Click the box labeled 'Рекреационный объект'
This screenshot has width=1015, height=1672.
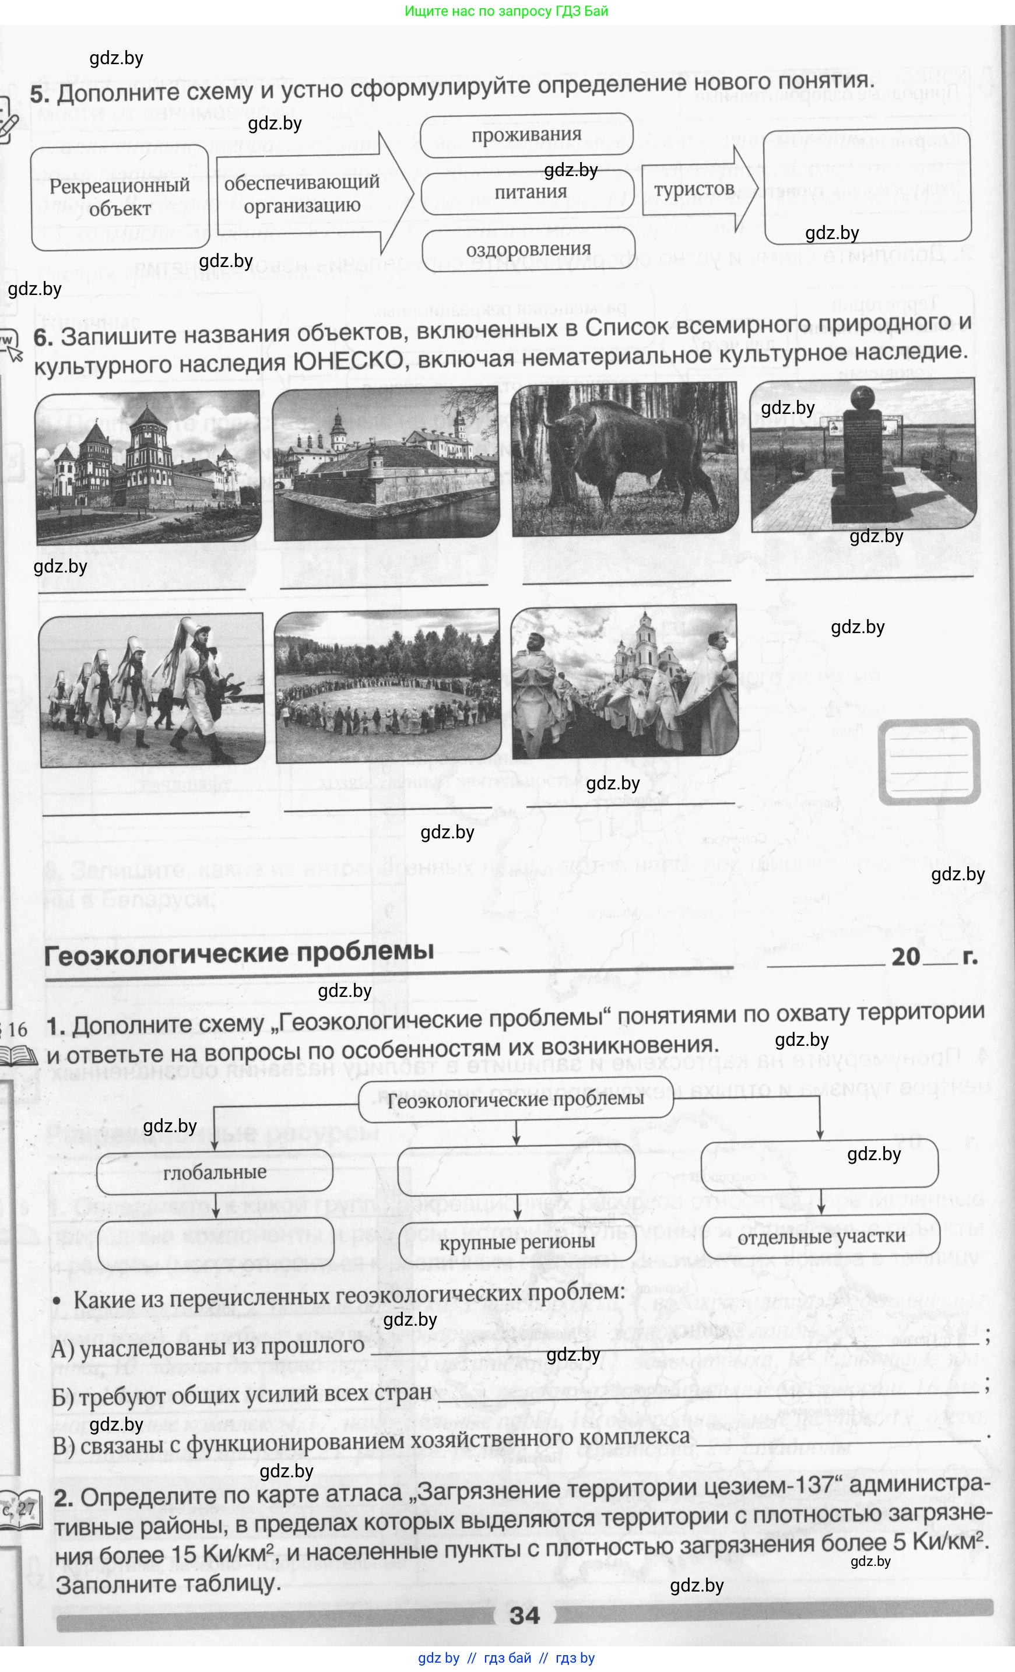120,197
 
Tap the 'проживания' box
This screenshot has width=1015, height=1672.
526,134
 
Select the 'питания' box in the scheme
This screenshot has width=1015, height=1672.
529,192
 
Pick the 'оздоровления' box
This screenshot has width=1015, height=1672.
528,249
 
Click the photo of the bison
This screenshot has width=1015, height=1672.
624,459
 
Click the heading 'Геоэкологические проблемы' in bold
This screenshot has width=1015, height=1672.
239,952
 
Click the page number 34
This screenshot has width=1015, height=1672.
525,1615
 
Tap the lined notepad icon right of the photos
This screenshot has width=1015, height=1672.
929,761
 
